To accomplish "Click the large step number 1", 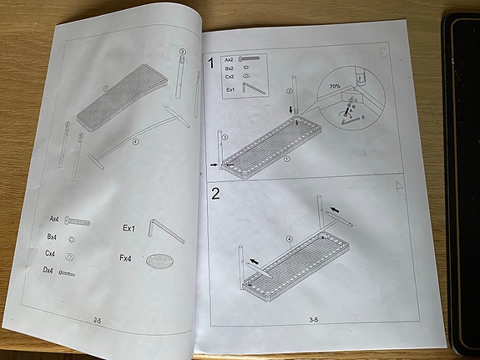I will click(x=213, y=63).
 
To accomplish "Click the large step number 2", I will click(x=216, y=195).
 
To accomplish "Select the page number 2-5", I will click(x=99, y=320).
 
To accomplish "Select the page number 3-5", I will click(x=315, y=319).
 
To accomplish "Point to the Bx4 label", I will click(x=52, y=236).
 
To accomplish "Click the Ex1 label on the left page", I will click(x=129, y=227).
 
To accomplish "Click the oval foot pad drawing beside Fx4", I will click(x=159, y=264).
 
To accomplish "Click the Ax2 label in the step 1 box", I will click(x=229, y=60).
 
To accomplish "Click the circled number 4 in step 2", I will click(x=290, y=240).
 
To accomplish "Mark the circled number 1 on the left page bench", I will click(x=106, y=88).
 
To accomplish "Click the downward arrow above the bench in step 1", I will click(x=291, y=109).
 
